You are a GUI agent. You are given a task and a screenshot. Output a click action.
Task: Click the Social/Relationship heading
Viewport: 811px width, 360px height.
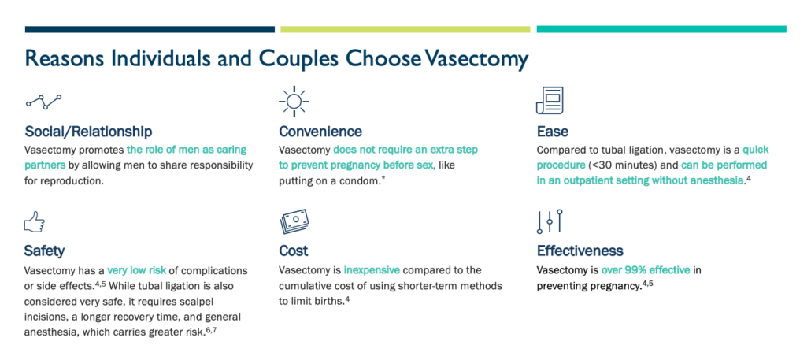88,132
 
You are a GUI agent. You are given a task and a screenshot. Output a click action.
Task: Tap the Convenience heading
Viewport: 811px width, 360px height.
320,132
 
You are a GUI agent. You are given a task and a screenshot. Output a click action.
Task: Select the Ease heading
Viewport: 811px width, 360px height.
551,132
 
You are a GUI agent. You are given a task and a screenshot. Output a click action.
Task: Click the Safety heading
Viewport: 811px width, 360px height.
44,251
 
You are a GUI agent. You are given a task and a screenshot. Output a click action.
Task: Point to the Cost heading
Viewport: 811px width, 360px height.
293,251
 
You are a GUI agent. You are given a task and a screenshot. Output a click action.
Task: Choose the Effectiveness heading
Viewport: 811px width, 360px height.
580,251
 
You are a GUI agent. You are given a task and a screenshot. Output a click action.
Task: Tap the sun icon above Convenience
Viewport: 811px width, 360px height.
294,101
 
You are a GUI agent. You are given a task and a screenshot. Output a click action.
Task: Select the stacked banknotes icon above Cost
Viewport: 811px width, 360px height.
294,221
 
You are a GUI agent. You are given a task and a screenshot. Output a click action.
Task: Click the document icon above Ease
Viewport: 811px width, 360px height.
550,100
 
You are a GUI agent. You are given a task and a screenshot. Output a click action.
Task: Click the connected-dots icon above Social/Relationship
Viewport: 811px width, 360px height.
43,102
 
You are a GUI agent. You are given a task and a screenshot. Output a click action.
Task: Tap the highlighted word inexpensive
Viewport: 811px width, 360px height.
372,270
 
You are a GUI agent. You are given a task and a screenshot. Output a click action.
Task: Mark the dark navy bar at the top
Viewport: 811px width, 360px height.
150,29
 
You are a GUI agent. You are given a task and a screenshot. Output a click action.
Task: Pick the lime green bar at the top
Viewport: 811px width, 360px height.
405,29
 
